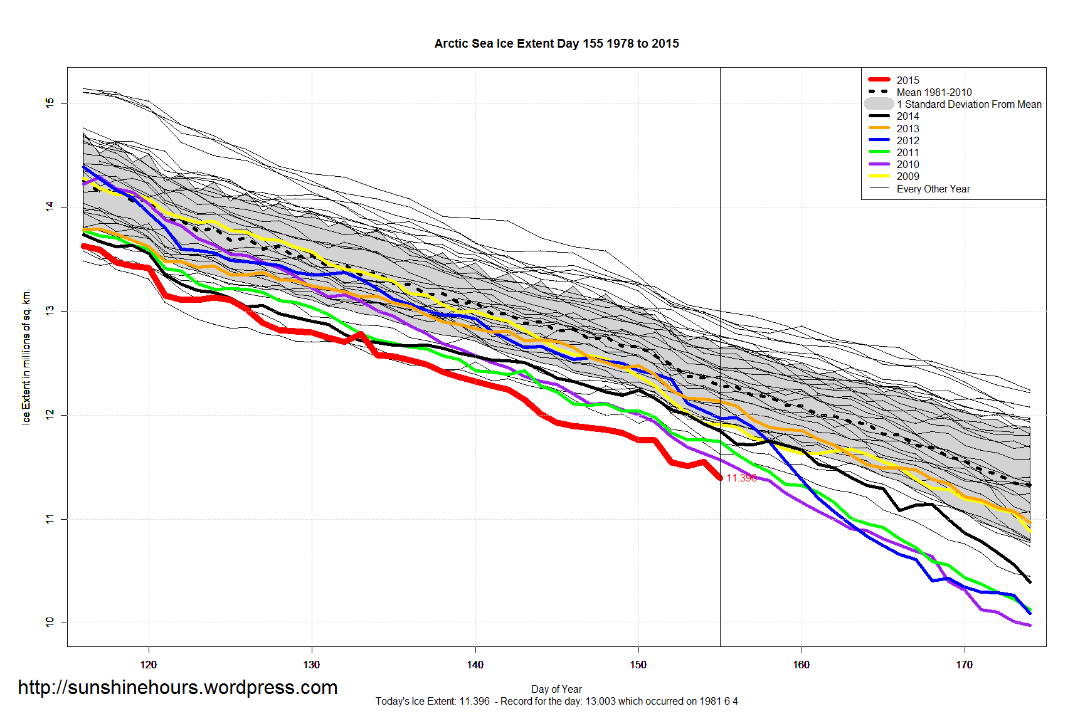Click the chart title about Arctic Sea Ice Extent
(x=556, y=43)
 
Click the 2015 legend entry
(x=907, y=80)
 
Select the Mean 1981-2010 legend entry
(x=934, y=92)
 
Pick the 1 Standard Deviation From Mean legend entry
(x=969, y=104)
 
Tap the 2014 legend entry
(x=907, y=116)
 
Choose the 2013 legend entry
(x=907, y=129)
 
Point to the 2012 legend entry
(x=907, y=140)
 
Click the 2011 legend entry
(x=907, y=152)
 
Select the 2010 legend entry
(x=907, y=164)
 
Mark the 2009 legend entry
(x=907, y=176)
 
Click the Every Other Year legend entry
(x=933, y=189)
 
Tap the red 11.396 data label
(x=741, y=478)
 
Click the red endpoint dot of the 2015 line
(x=720, y=478)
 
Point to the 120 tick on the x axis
(x=149, y=665)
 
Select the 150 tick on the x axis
(x=638, y=665)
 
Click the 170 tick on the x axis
(x=964, y=665)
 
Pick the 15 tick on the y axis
(x=50, y=103)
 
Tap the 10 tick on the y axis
(x=50, y=623)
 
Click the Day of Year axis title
(x=556, y=689)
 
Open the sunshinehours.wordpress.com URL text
(x=177, y=687)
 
